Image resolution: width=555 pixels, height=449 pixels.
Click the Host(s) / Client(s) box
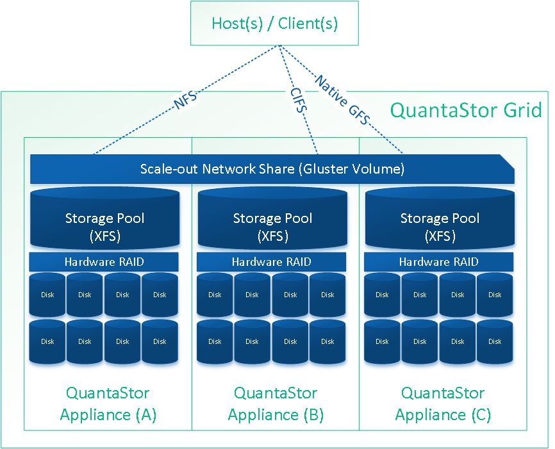pyautogui.click(x=274, y=23)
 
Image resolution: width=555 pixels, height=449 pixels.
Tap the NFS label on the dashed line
pyautogui.click(x=185, y=100)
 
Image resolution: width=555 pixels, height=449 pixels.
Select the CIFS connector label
pyautogui.click(x=299, y=100)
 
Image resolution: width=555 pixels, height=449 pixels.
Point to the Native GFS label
pyautogui.click(x=343, y=100)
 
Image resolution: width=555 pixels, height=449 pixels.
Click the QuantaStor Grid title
pyautogui.click(x=466, y=110)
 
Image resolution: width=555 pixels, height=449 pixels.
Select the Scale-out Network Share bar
pyautogui.click(x=272, y=168)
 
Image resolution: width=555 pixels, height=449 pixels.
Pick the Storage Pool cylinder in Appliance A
pyautogui.click(x=104, y=218)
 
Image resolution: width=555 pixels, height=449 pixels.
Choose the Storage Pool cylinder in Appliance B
pyautogui.click(x=272, y=218)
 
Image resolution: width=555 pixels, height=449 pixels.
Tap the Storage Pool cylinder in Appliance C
pyautogui.click(x=440, y=218)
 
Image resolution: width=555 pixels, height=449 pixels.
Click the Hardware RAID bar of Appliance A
pyautogui.click(x=104, y=262)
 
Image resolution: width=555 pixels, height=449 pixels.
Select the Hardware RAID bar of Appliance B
pyautogui.click(x=271, y=262)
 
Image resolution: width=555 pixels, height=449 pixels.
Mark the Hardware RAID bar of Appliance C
pyautogui.click(x=438, y=262)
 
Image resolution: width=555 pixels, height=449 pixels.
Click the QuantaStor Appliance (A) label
pyautogui.click(x=108, y=404)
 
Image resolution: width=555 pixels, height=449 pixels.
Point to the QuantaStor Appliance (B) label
pyautogui.click(x=276, y=404)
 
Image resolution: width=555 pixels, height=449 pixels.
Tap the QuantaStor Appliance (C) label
pyautogui.click(x=443, y=404)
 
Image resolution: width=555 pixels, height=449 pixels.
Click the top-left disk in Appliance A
pyautogui.click(x=47, y=295)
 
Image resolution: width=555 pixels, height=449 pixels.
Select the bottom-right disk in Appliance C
pyautogui.click(x=495, y=342)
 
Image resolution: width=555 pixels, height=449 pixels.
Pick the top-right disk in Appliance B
pyautogui.click(x=327, y=295)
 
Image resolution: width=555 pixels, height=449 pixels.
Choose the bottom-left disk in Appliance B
pyautogui.click(x=215, y=342)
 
